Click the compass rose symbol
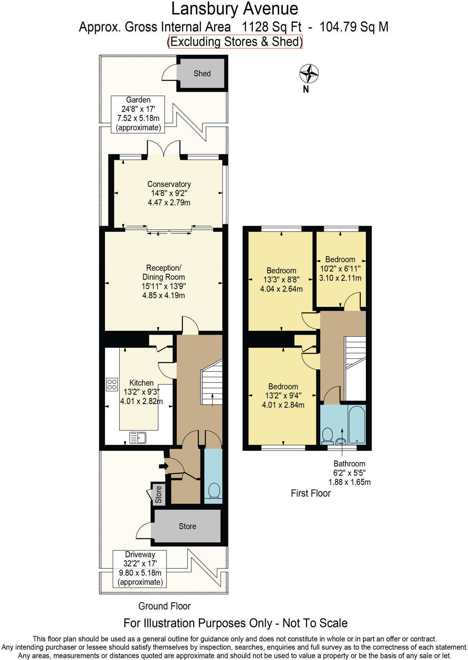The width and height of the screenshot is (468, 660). pos(309,74)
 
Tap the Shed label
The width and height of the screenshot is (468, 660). pos(202,73)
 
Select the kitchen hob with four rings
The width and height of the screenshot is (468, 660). pos(112,384)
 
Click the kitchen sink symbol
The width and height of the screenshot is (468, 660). pos(138,438)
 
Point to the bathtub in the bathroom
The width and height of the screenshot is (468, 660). pos(357,424)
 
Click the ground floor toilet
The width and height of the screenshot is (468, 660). pos(214,491)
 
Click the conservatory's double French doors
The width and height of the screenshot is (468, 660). pos(164,149)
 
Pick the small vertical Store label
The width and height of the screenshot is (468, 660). pos(158,494)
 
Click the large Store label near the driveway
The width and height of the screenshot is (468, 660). pos(187,526)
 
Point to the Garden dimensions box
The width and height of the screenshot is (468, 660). pos(138,114)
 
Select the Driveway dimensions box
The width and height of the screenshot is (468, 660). pos(140,568)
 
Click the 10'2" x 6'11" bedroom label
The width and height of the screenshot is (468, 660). pos(340,268)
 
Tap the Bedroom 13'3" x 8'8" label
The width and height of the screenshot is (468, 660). pos(281,279)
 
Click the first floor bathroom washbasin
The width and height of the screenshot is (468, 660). pos(340,441)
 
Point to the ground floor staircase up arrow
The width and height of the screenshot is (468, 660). pos(212,400)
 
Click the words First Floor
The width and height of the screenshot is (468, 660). pos(310,493)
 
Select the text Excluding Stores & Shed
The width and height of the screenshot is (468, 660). pos(235,42)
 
